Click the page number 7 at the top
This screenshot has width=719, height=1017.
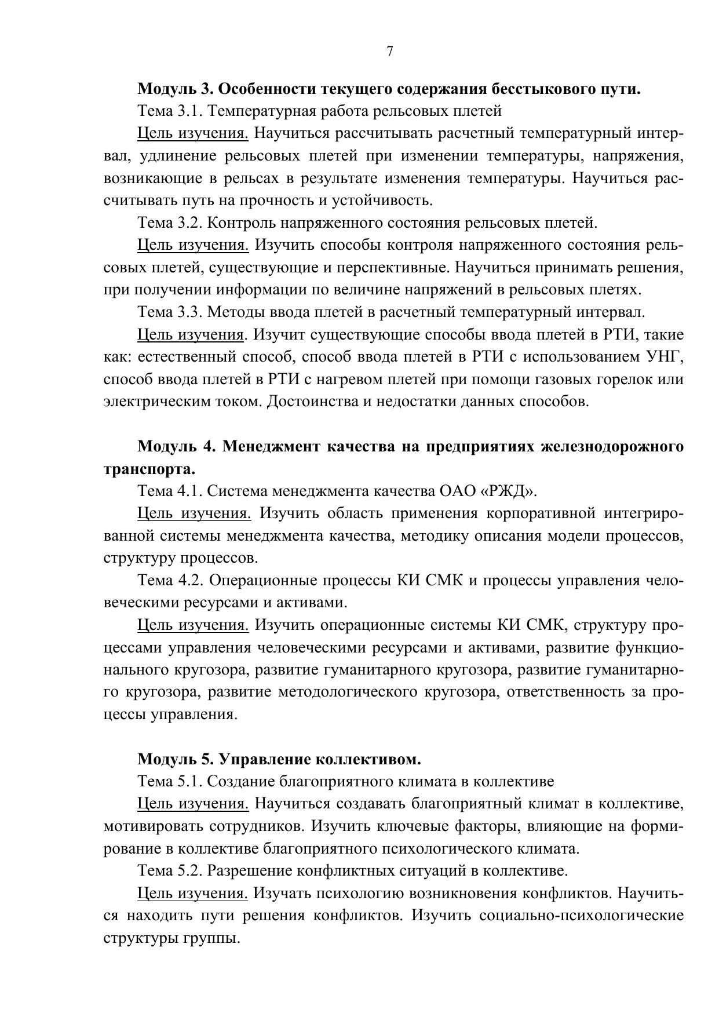(x=389, y=52)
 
